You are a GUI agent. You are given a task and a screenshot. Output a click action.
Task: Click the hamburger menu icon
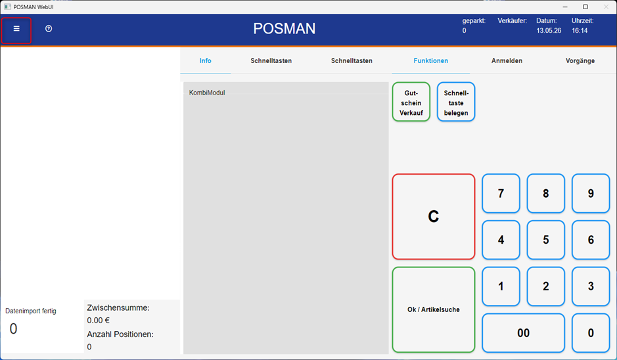pos(16,29)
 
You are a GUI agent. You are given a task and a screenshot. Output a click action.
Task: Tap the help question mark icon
pos(49,29)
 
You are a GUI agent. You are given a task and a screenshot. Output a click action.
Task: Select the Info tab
pos(206,60)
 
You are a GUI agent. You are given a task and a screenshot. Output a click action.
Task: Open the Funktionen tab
pos(430,60)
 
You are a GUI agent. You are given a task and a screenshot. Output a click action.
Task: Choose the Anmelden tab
pos(507,60)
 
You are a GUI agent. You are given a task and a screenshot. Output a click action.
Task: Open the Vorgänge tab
pos(580,60)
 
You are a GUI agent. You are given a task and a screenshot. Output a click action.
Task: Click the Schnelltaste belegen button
pos(456,102)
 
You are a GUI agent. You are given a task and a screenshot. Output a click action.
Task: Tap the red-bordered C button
pos(434,216)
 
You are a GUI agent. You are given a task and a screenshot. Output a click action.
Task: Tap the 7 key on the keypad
pos(501,194)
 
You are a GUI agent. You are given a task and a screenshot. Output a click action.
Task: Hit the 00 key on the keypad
pos(523,333)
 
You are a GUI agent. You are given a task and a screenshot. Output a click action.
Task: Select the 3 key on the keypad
pos(591,286)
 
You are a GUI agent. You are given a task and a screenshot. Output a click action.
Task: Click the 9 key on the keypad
pos(591,194)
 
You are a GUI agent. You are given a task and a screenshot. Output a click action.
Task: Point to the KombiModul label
pos(207,93)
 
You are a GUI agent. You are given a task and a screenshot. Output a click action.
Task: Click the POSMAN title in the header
pos(284,29)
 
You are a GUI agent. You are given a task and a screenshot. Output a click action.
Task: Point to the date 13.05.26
pos(549,31)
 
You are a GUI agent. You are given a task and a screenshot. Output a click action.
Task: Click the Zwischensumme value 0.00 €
pos(99,321)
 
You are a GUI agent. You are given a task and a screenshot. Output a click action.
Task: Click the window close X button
pos(606,7)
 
